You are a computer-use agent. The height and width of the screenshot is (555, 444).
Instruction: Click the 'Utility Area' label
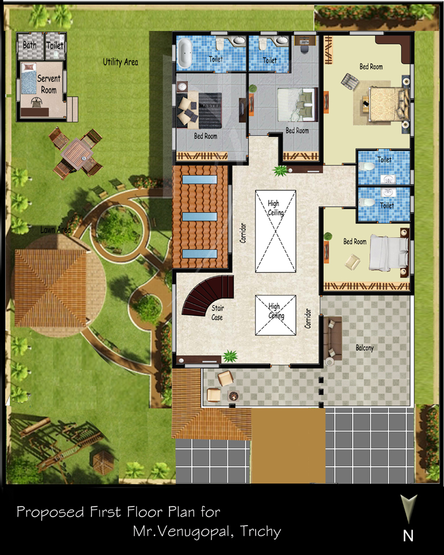tap(120, 62)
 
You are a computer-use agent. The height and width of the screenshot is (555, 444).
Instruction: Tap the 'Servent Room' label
tap(49, 84)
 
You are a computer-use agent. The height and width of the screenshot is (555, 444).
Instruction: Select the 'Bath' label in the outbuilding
tap(29, 45)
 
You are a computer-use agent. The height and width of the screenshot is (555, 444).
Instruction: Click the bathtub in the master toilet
tap(184, 53)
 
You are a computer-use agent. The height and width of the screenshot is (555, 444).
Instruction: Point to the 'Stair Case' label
tap(217, 312)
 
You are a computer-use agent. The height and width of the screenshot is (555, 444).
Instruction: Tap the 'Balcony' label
tap(365, 348)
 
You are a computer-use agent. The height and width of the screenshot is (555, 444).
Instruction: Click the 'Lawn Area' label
tap(55, 230)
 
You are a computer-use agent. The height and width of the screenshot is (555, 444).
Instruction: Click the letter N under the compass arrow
tap(408, 536)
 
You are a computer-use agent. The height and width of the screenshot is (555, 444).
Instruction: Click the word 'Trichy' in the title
tap(261, 532)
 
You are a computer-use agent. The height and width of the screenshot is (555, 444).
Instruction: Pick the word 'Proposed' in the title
tap(50, 512)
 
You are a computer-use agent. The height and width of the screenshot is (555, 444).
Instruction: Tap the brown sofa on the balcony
tap(333, 338)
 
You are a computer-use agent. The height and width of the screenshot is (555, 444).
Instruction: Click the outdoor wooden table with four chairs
tap(76, 154)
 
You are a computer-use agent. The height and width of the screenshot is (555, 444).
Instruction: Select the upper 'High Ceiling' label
tap(276, 208)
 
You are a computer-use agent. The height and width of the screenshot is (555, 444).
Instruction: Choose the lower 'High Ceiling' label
tap(276, 311)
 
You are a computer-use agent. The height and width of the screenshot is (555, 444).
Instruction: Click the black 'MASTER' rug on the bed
tap(210, 110)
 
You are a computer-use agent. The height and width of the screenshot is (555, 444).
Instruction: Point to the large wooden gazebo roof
tap(51, 288)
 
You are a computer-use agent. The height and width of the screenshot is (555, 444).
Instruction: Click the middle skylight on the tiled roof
tap(199, 217)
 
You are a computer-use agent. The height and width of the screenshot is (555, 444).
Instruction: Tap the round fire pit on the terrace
tap(233, 396)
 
